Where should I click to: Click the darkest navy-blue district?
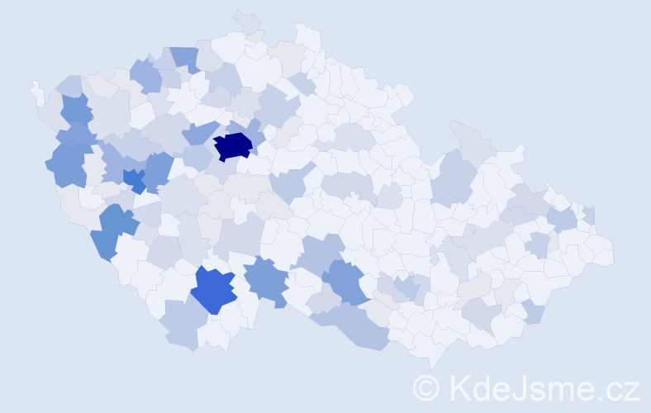coord(233,146)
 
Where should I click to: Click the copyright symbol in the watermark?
coord(427,387)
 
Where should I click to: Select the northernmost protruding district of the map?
coord(247,20)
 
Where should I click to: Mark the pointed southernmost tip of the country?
coord(431,363)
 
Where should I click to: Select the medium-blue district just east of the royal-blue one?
coord(266,278)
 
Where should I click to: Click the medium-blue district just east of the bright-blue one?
coord(157,169)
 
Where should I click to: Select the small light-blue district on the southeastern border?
coord(533,313)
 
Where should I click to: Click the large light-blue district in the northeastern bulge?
coord(454,174)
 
